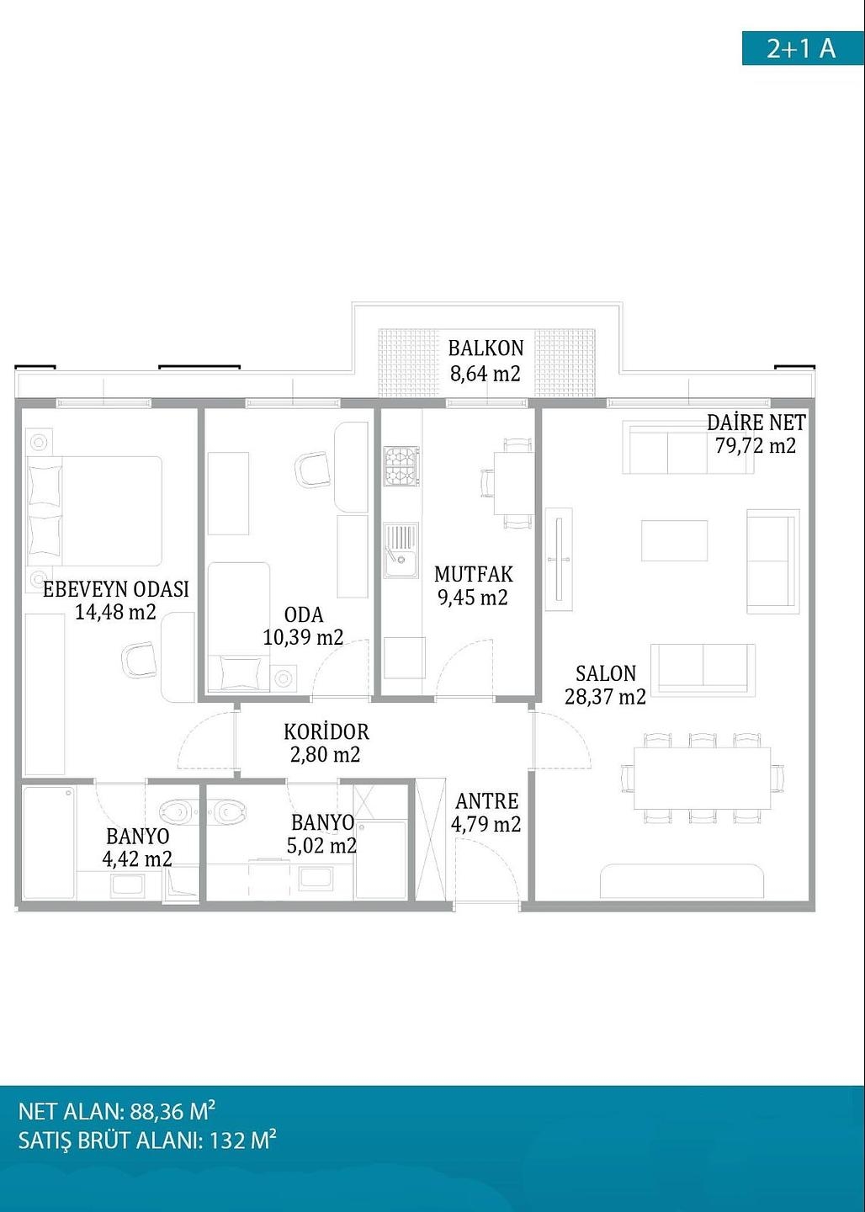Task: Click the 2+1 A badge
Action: click(x=803, y=48)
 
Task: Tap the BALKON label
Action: click(x=486, y=348)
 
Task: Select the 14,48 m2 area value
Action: click(x=115, y=612)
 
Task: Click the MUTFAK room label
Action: click(x=474, y=574)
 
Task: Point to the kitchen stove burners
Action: click(x=401, y=466)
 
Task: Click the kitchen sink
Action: click(x=401, y=550)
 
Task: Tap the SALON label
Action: click(x=606, y=673)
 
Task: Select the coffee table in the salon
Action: click(x=674, y=540)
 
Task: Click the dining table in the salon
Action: click(x=702, y=778)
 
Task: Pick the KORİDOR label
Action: click(x=326, y=732)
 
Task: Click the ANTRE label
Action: click(x=487, y=800)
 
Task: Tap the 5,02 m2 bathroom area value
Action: click(x=322, y=845)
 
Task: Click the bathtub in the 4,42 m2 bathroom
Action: click(x=50, y=843)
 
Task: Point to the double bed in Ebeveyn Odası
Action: click(x=95, y=510)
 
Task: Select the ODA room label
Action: click(x=304, y=614)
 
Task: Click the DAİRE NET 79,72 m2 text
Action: click(x=756, y=434)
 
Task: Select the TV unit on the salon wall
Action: click(x=559, y=559)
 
